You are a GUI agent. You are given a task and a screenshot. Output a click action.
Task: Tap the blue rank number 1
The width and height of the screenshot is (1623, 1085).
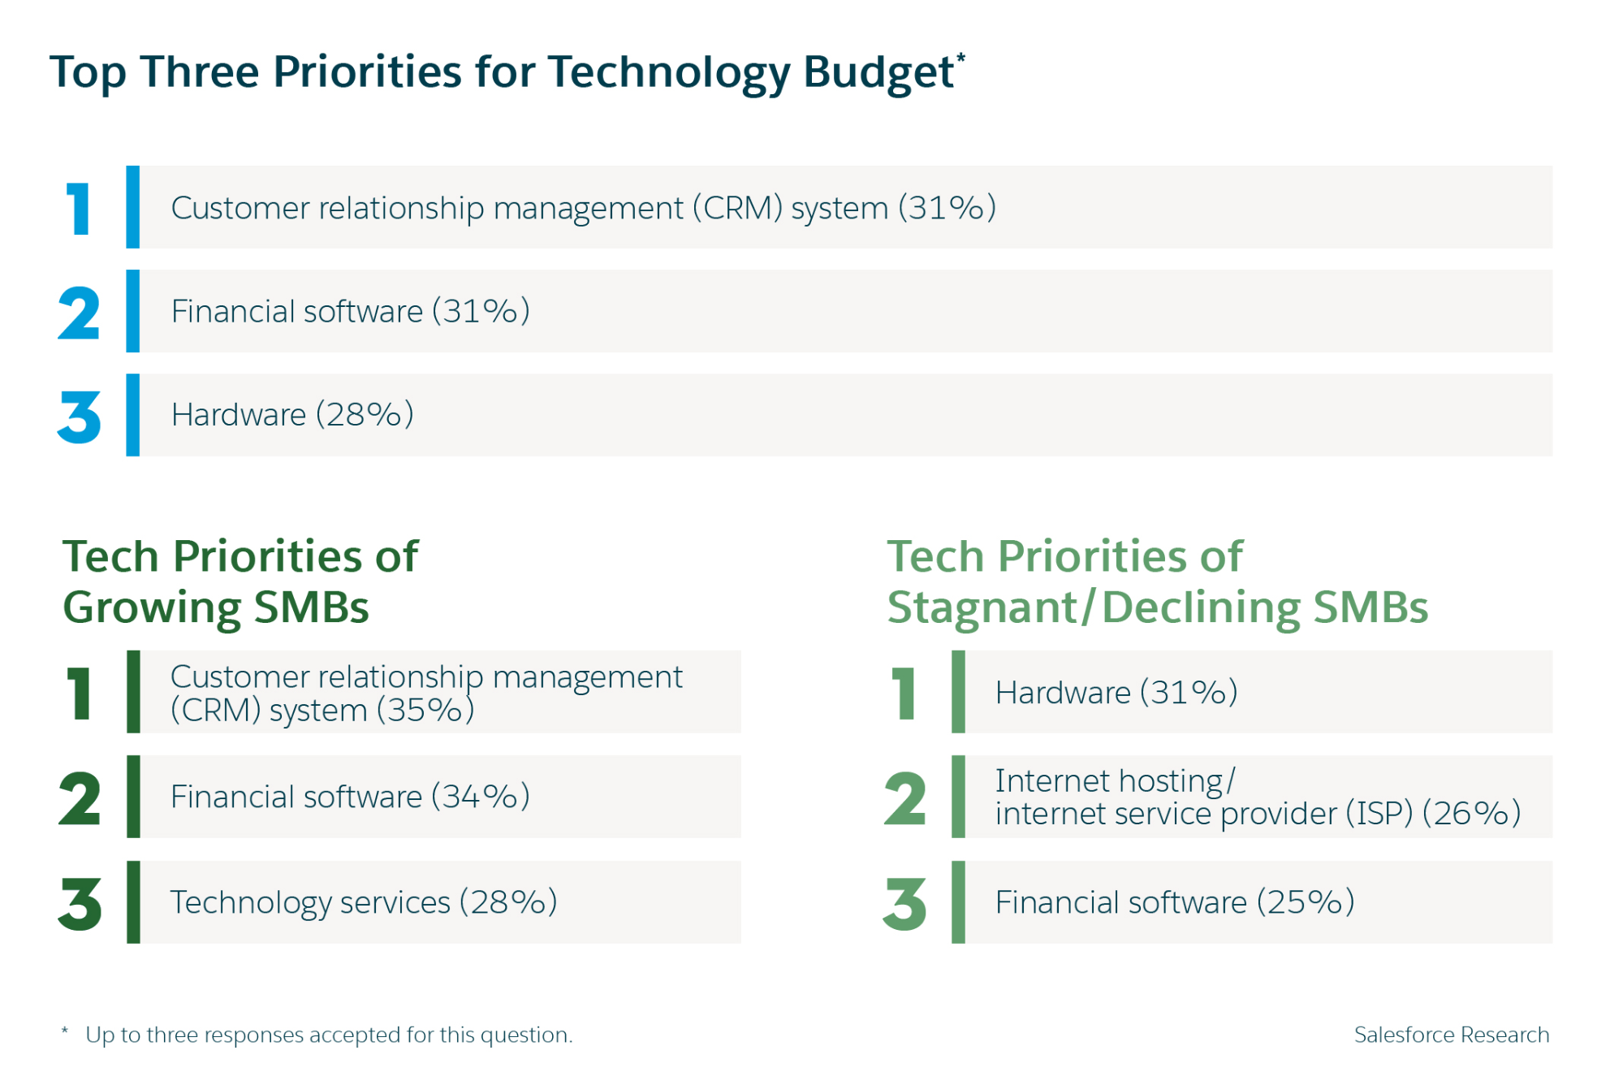pos(79,209)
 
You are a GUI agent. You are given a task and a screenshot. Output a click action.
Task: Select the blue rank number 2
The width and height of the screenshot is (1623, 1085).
pos(79,313)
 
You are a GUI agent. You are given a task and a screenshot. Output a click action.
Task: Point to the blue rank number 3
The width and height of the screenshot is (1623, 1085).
pos(79,417)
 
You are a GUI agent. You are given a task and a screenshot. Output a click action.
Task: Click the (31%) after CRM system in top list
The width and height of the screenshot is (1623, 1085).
pos(947,208)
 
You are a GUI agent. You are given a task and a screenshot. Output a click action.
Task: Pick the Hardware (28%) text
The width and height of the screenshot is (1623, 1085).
pos(292,415)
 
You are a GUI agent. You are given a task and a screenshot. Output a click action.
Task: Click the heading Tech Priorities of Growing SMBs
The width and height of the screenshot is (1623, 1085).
pos(240,581)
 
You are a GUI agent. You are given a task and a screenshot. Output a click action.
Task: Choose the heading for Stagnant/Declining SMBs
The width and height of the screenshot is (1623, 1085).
pos(1156,581)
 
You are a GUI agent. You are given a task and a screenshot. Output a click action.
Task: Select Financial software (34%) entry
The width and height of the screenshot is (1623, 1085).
pos(350,797)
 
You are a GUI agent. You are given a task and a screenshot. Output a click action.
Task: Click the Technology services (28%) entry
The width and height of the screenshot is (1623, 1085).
pos(363,902)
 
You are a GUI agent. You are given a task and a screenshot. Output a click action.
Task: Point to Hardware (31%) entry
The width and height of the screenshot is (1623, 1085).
pos(1116,693)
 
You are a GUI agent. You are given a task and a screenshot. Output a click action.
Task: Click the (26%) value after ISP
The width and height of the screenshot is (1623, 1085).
pos(1471,814)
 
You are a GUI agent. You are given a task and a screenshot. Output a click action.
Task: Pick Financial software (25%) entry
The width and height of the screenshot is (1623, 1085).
pos(1174,902)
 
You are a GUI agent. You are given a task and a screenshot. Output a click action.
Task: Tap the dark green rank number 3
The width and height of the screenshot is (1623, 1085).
pos(80,904)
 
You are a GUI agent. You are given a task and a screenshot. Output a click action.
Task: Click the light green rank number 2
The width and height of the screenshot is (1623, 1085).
pos(904,799)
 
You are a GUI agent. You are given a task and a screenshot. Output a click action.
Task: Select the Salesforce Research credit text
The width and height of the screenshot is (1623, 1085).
pos(1451,1035)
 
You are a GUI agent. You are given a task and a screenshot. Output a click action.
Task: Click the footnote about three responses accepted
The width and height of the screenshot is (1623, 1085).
pos(328,1035)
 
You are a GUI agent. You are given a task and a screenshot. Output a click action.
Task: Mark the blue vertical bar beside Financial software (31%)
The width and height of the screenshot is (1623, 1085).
pos(133,311)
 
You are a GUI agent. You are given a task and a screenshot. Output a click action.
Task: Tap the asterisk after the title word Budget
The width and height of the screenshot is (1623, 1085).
pos(960,57)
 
